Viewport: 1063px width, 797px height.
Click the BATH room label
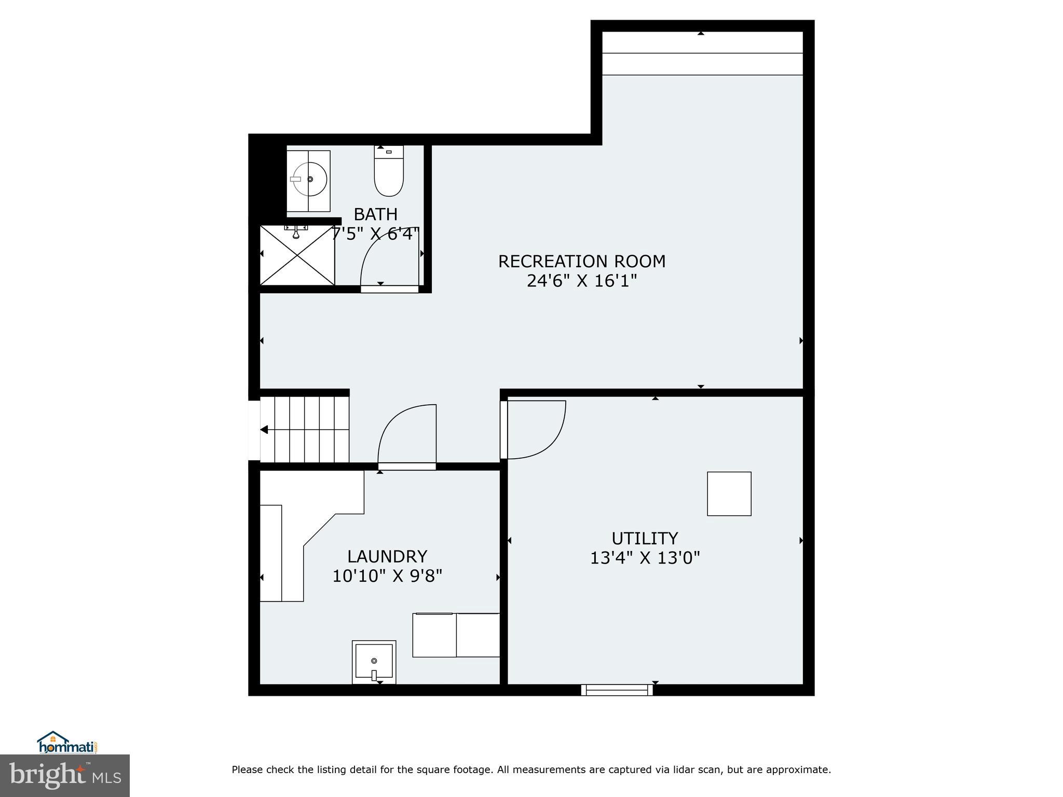click(375, 214)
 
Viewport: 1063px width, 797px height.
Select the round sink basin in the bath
click(310, 179)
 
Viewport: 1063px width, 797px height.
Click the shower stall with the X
click(297, 255)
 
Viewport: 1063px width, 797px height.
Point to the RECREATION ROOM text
click(581, 261)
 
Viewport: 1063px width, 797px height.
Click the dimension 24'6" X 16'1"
click(581, 281)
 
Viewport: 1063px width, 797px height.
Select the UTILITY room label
click(645, 538)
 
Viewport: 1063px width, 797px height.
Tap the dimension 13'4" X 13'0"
click(645, 558)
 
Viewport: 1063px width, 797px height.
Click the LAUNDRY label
click(387, 556)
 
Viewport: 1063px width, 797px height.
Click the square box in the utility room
click(729, 493)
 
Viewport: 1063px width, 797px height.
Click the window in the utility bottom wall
click(617, 690)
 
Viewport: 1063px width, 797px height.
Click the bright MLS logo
click(65, 776)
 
